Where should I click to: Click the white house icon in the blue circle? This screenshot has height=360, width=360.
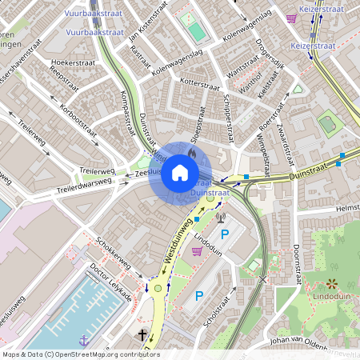tap(180, 173)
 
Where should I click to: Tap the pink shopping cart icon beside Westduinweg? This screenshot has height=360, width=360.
tap(197, 250)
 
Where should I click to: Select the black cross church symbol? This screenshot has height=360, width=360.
tap(143, 335)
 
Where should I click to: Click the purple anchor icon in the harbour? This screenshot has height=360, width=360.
tap(83, 341)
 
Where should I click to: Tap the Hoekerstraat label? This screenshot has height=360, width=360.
tap(72, 62)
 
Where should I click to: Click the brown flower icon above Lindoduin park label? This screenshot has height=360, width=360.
tap(331, 284)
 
